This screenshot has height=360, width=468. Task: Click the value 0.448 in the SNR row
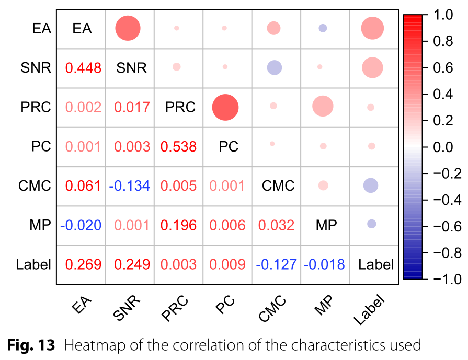[83, 67]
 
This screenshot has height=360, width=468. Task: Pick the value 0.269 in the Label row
[83, 264]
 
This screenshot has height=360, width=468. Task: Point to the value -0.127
[277, 264]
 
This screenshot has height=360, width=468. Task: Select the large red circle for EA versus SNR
[128, 28]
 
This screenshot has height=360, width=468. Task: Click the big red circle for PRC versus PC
[225, 107]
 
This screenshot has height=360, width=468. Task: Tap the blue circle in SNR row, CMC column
[274, 67]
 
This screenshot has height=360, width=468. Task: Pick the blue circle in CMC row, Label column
[371, 185]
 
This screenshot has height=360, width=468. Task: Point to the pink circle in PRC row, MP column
[323, 107]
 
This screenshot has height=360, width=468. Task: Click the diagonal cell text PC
[229, 146]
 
